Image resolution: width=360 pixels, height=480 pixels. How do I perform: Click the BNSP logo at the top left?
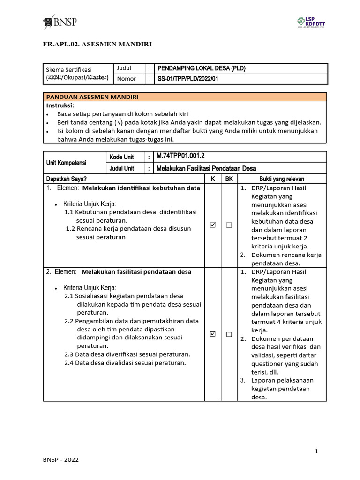point(60,22)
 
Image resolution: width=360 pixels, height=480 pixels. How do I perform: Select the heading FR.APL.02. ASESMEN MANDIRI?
point(97,45)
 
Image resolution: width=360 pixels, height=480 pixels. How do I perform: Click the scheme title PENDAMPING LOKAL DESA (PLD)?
point(202,68)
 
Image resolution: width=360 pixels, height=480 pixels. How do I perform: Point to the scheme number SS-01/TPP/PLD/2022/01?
point(188,79)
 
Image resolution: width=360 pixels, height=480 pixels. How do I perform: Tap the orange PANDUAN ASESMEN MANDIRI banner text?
point(91,97)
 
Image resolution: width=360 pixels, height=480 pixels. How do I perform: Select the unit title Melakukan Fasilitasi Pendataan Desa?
point(206,168)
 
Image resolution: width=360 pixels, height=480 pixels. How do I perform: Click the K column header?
point(212,179)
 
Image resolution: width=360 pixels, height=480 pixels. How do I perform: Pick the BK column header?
point(229,179)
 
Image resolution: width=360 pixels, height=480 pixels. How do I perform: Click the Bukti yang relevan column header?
point(282,179)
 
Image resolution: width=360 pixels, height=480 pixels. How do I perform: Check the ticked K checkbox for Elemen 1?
point(213,225)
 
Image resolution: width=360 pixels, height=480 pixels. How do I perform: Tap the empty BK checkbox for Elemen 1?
point(229,225)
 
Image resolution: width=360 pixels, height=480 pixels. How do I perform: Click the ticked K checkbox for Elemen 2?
point(213,334)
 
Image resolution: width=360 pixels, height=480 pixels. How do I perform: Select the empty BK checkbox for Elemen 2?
point(229,334)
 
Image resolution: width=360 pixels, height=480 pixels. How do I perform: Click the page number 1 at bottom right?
point(316,451)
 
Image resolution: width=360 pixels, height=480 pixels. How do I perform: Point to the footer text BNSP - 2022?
point(61,460)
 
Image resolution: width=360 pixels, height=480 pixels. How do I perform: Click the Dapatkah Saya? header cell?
point(67,179)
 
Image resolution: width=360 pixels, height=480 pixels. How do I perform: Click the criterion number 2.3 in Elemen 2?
point(69,354)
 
